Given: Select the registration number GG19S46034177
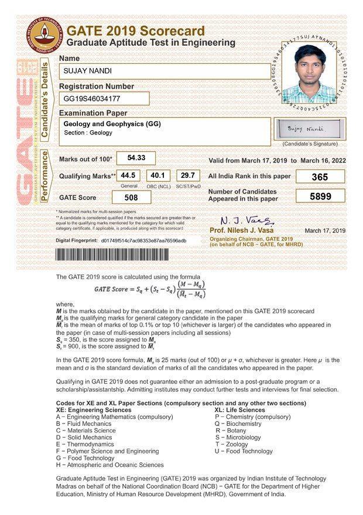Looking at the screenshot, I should pos(104,98).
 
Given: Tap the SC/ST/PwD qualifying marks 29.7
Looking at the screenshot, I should pos(187,175).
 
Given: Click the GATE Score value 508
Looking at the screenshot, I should pos(131,198).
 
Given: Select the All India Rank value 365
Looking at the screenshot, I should pos(320,177).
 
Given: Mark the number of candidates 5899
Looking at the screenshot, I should pos(320,196).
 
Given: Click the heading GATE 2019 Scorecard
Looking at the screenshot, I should pos(136,31).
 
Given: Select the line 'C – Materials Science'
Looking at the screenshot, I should pos(85,430).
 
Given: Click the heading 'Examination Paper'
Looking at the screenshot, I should pos(93,113).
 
